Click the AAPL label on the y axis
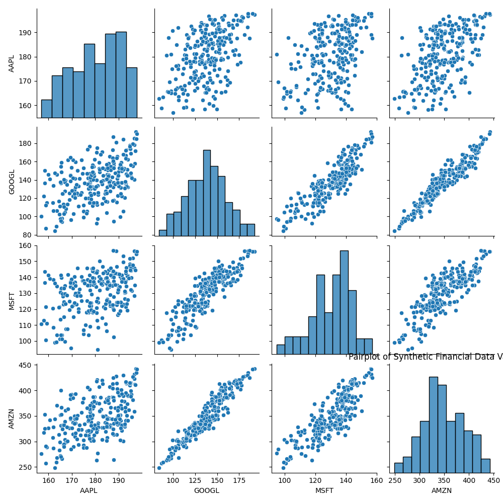(x=12, y=63)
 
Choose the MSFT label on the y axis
(x=12, y=300)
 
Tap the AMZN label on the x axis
(x=442, y=490)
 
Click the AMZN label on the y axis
(x=12, y=418)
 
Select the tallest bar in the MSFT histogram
(x=344, y=302)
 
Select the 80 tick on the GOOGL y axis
(x=28, y=235)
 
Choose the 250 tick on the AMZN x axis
(x=395, y=481)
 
